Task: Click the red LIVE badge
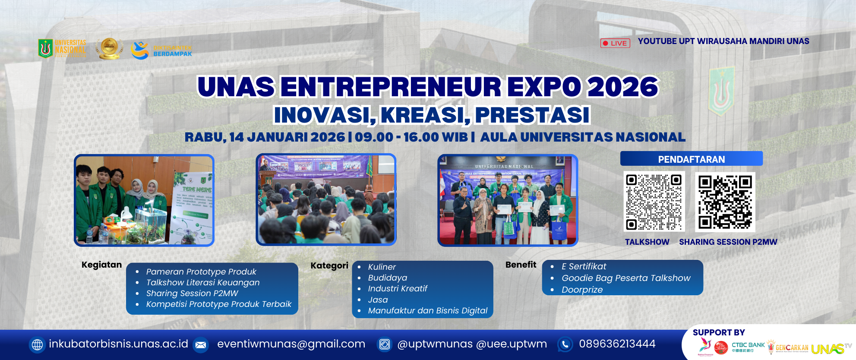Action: point(615,43)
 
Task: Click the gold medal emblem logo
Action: point(109,48)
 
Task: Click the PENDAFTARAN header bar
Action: point(691,159)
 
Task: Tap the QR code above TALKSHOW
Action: point(654,202)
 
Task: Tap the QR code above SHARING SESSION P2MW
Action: point(725,202)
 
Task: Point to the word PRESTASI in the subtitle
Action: point(532,115)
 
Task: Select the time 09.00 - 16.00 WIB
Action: point(411,137)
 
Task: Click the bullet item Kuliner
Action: point(382,267)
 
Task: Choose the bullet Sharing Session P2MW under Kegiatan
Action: point(192,294)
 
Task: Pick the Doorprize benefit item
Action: point(582,290)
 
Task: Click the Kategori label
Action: point(329,266)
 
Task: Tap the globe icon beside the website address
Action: point(38,344)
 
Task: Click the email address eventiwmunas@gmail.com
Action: point(291,344)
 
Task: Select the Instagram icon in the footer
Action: point(385,344)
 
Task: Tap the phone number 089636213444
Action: point(617,344)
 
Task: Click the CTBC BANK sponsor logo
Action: point(748,347)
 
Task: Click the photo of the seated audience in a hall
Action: point(326,200)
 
